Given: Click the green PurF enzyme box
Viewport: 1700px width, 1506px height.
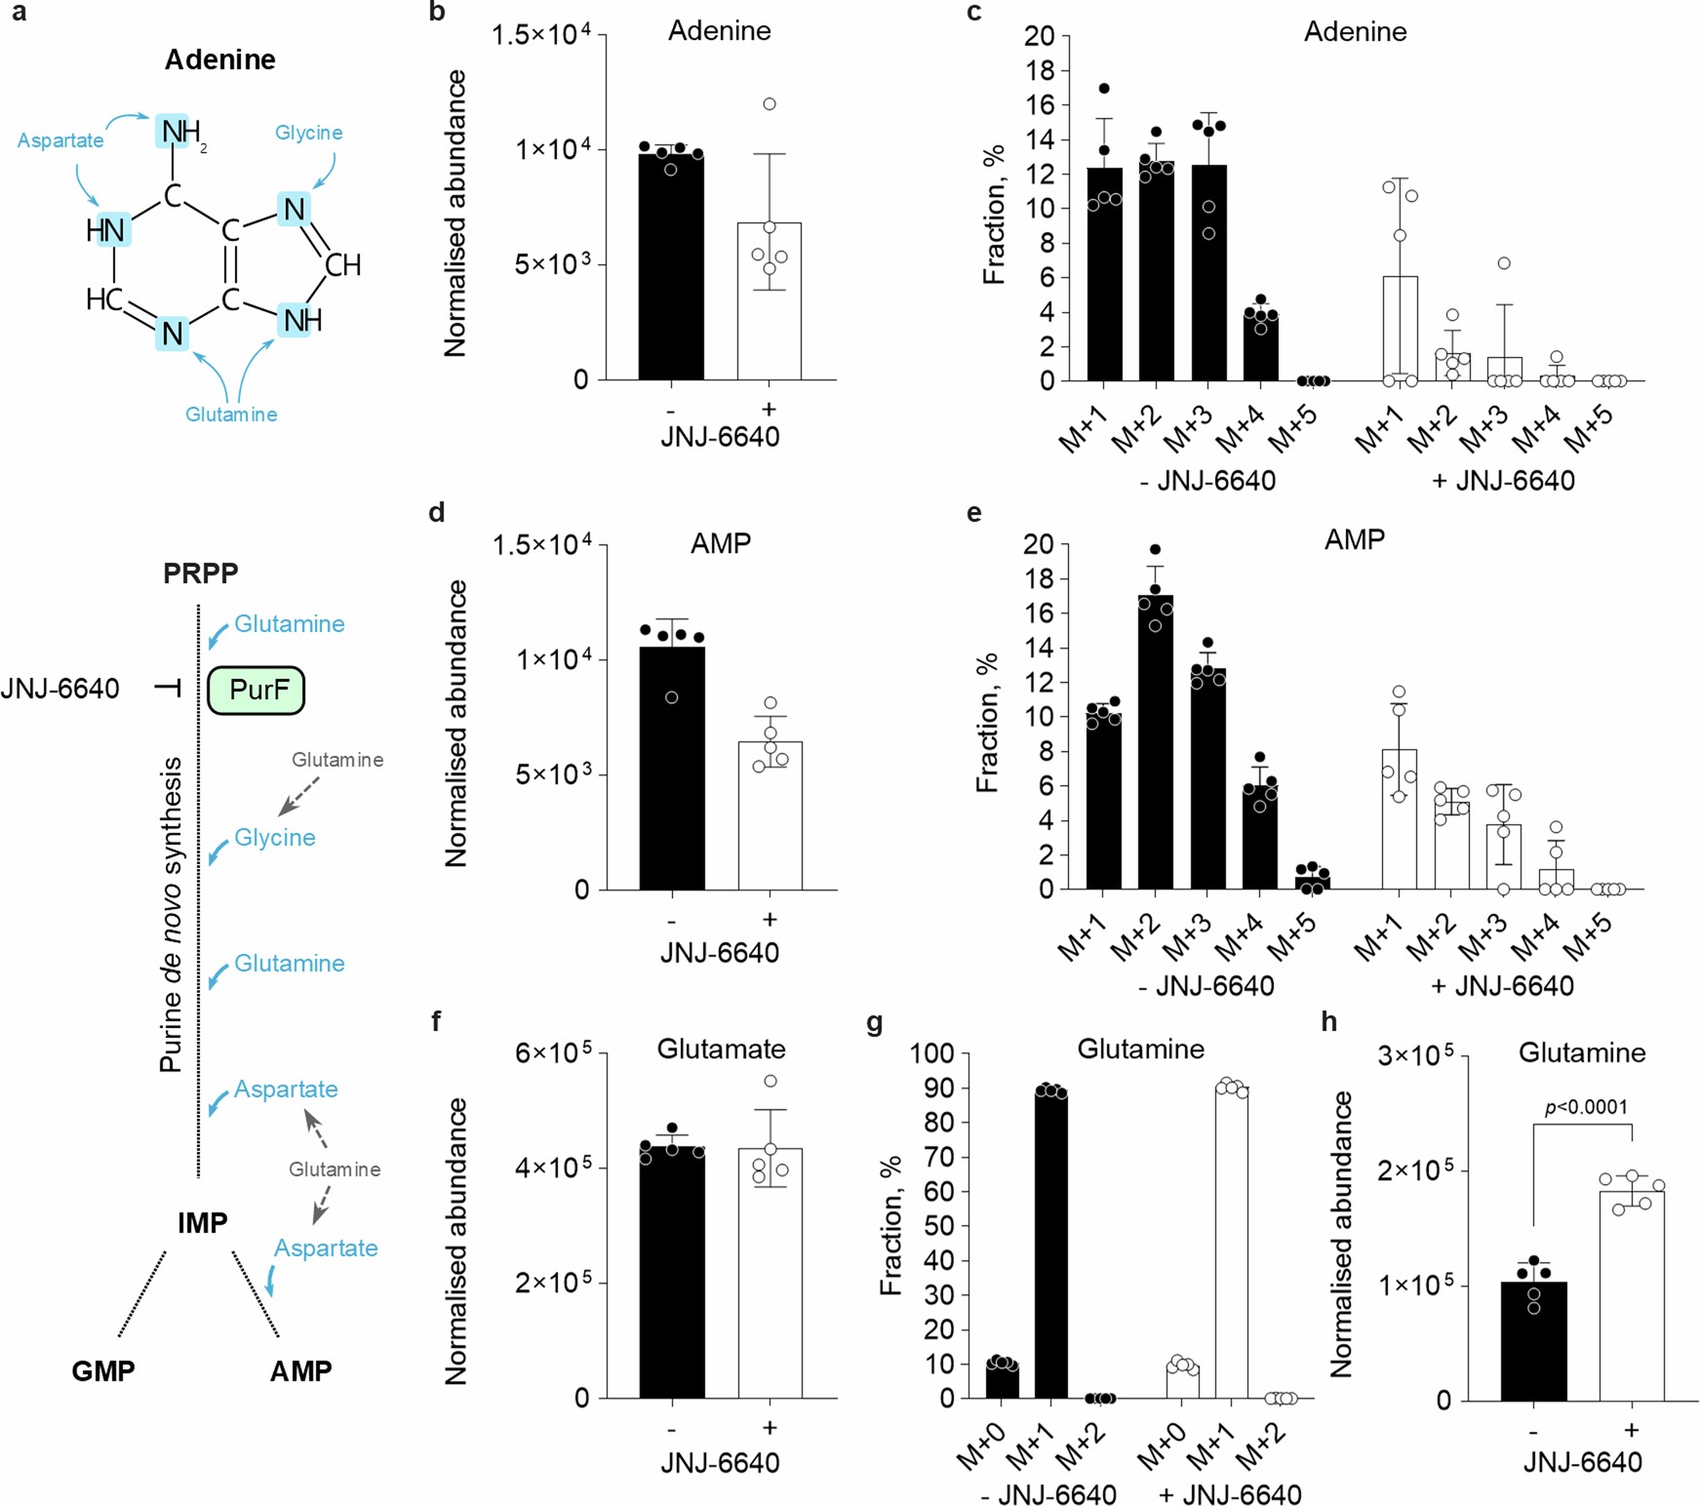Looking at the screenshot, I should [x=257, y=691].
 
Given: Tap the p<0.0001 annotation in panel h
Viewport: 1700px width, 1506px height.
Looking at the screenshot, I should [x=1586, y=1107].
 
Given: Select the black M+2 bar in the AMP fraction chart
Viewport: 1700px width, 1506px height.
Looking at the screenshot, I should [x=1156, y=742].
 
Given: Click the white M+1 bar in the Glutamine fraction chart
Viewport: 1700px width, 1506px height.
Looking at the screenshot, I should [x=1231, y=1244].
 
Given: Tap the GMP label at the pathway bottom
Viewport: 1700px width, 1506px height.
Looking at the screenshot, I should [x=103, y=1370].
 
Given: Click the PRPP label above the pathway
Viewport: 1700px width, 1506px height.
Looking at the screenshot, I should [x=200, y=573].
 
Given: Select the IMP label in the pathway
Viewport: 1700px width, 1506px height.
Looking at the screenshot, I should [x=202, y=1222].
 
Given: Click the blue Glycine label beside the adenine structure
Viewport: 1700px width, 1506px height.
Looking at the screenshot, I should [x=308, y=133].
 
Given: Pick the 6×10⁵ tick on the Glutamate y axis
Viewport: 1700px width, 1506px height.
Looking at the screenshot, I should [x=553, y=1052].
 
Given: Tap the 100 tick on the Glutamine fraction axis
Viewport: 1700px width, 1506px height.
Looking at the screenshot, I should [x=932, y=1052].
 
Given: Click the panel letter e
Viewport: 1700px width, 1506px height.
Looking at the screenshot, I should [x=973, y=512].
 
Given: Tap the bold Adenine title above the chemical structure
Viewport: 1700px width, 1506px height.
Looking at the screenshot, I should [x=219, y=59].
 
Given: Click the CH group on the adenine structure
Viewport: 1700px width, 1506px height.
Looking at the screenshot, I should [x=342, y=264].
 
